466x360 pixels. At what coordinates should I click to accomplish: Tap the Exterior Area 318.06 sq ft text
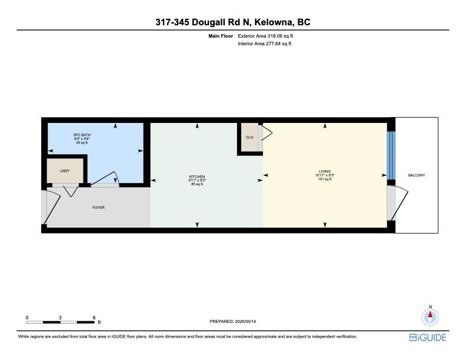pyautogui.click(x=265, y=36)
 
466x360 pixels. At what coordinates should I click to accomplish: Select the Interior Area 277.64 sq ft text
pyautogui.click(x=265, y=44)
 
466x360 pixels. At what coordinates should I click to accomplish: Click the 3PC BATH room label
pyautogui.click(x=82, y=135)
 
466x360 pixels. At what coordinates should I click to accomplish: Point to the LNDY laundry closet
pyautogui.click(x=65, y=171)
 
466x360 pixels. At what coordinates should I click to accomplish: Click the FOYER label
pyautogui.click(x=98, y=207)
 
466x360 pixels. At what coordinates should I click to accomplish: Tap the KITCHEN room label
pyautogui.click(x=197, y=176)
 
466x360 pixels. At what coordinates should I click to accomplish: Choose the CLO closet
pyautogui.click(x=249, y=137)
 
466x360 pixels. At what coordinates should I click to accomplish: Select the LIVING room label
pyautogui.click(x=325, y=171)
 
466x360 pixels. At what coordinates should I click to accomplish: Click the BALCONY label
pyautogui.click(x=417, y=175)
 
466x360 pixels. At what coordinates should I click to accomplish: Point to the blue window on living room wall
pyautogui.click(x=391, y=155)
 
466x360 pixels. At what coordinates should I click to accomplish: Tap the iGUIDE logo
pyautogui.click(x=428, y=338)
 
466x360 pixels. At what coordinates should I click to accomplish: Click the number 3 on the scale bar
pyautogui.click(x=60, y=318)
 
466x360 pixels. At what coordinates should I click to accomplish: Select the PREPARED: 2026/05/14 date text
pyautogui.click(x=232, y=321)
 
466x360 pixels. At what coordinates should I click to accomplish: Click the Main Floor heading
pyautogui.click(x=221, y=36)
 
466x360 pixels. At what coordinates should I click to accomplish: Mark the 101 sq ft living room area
pyautogui.click(x=325, y=179)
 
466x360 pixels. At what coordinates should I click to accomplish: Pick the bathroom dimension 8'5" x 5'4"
pyautogui.click(x=82, y=139)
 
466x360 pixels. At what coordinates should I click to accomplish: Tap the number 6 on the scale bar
pyautogui.click(x=94, y=318)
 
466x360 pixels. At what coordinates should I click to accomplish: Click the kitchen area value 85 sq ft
pyautogui.click(x=197, y=184)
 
